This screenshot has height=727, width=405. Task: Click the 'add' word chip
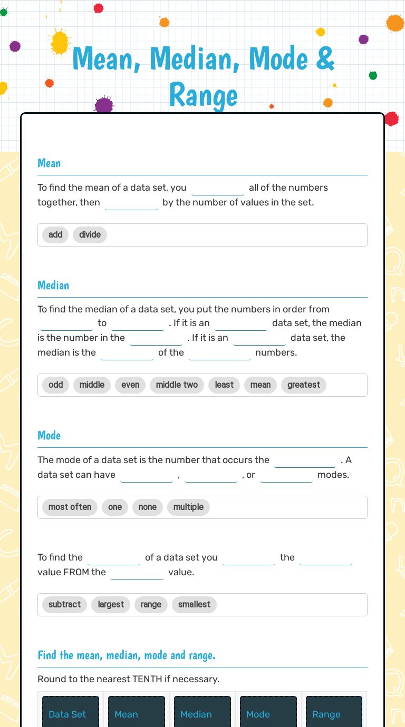click(x=55, y=234)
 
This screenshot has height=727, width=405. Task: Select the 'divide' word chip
click(x=90, y=234)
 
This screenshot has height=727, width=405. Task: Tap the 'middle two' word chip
click(x=177, y=385)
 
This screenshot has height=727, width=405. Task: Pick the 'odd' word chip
click(x=55, y=385)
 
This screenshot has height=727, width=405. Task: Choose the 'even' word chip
click(x=130, y=385)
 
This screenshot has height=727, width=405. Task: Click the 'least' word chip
click(x=224, y=385)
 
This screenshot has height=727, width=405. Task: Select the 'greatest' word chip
click(x=304, y=385)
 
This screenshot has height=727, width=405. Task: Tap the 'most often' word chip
click(x=70, y=507)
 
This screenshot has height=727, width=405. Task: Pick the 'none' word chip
click(x=148, y=507)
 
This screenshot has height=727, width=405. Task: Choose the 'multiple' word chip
click(x=188, y=507)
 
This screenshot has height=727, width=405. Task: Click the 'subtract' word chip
click(x=64, y=604)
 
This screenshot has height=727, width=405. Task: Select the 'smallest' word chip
click(x=194, y=604)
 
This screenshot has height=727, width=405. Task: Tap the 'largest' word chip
click(x=111, y=604)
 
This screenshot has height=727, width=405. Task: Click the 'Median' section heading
click(x=53, y=285)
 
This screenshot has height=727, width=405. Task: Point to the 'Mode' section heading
click(x=49, y=435)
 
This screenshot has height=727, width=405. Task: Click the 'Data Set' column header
click(x=67, y=714)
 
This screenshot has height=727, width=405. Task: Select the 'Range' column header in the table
click(x=326, y=714)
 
